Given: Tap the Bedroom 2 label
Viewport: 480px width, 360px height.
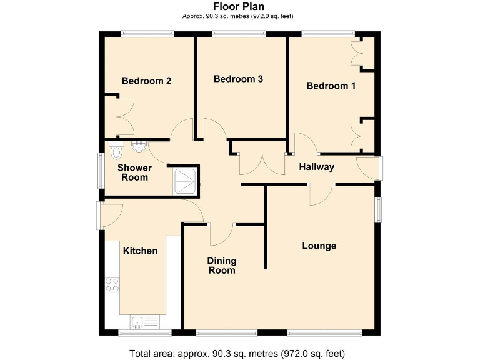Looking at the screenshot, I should tap(146, 81).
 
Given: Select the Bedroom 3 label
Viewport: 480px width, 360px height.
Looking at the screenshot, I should tap(238, 79).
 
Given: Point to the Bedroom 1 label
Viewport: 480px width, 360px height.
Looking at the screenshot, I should tap(331, 86).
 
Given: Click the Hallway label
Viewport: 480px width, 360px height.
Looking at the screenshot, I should tap(316, 167).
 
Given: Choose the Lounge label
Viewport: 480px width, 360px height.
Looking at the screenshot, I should tap(319, 246).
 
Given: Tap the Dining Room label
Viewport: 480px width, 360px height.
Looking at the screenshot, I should tap(222, 265).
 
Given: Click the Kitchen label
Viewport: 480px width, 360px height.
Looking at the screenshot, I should tap(140, 251).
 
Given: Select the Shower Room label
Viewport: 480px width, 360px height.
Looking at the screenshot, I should tap(134, 172).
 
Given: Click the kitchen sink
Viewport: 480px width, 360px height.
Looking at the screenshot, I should tap(139, 322).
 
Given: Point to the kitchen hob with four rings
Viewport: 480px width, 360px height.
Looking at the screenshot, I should tap(112, 285).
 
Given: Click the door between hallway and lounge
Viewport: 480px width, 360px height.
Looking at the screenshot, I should tap(321, 194).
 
